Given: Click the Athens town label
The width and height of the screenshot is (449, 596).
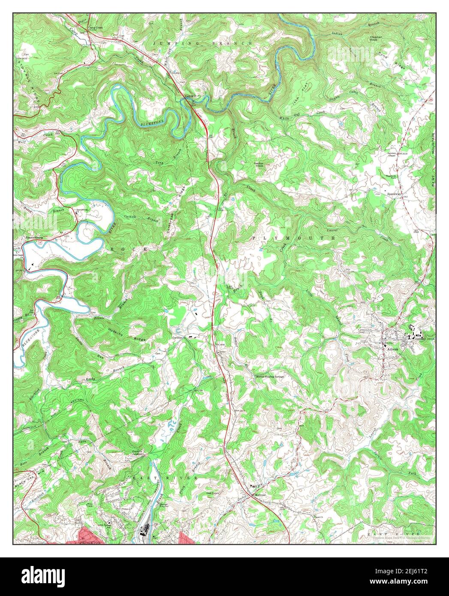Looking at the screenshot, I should pyautogui.click(x=392, y=349).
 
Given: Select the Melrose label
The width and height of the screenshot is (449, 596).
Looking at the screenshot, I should pyautogui.click(x=260, y=495).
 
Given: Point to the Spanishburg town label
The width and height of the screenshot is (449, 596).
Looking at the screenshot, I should pyautogui.click(x=34, y=237).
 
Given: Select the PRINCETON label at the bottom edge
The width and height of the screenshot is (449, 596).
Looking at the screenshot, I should pyautogui.click(x=90, y=542).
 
